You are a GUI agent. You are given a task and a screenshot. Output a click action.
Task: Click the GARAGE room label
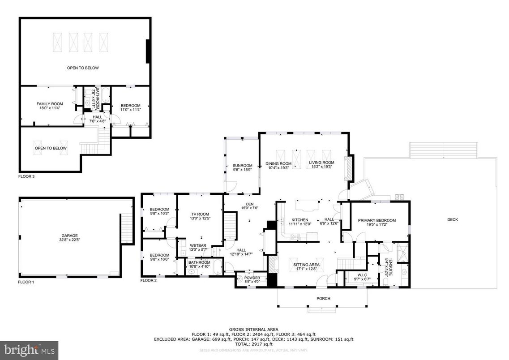(x=69, y=236)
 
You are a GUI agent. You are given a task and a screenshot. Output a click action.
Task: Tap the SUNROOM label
(x=242, y=166)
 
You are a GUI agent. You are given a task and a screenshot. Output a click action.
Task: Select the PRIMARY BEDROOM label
(x=377, y=220)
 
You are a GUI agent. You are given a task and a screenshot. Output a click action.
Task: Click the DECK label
(x=453, y=219)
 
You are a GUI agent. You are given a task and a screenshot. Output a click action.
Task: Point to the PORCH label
(x=323, y=299)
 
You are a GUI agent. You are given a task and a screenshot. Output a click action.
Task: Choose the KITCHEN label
(x=300, y=220)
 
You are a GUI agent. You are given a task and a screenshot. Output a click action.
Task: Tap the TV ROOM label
(x=199, y=214)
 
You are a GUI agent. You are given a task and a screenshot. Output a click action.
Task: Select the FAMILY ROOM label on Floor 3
(x=49, y=104)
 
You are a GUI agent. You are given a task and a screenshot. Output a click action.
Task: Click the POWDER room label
(x=252, y=278)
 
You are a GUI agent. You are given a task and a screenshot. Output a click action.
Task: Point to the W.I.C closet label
(x=362, y=275)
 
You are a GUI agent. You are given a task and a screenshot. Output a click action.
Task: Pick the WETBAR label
(x=197, y=245)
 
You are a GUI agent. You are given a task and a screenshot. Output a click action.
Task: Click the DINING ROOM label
(x=278, y=163)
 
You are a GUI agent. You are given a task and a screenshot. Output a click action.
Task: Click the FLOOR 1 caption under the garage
(x=26, y=282)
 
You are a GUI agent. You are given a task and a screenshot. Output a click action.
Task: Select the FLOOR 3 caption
(x=26, y=176)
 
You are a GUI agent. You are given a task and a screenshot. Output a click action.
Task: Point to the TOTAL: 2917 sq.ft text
(x=254, y=344)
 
